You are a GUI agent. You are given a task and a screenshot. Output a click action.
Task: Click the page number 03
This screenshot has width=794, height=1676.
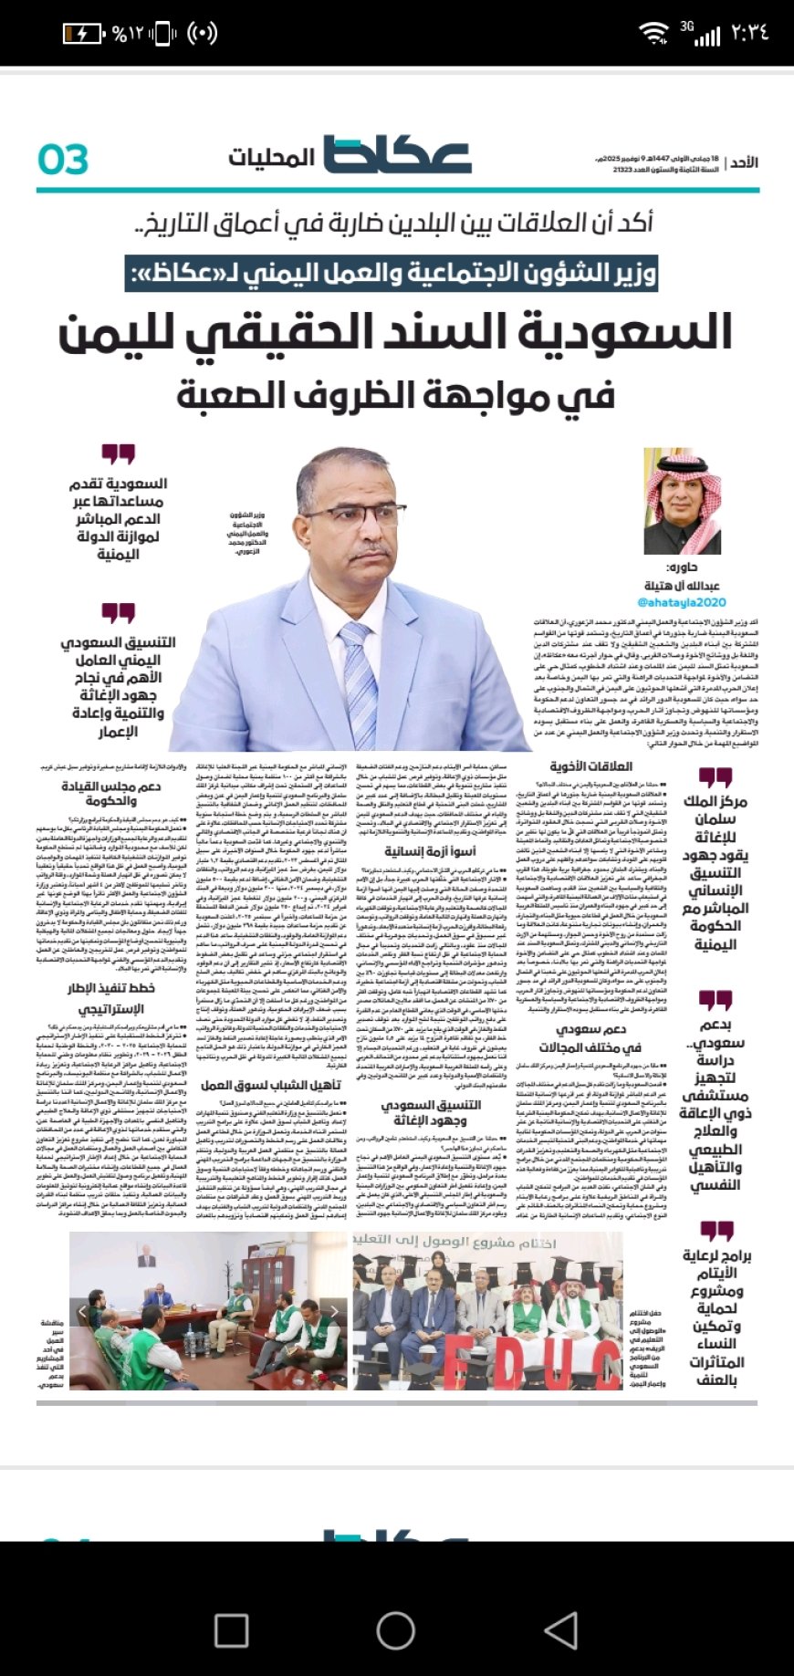click(x=63, y=159)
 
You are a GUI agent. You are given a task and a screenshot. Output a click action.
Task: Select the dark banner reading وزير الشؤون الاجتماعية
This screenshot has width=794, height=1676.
click(x=392, y=272)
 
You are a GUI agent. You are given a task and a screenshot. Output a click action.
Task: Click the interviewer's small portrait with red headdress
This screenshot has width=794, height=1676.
click(x=682, y=500)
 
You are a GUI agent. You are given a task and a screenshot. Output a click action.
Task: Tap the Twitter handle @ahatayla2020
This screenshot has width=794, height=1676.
click(x=681, y=602)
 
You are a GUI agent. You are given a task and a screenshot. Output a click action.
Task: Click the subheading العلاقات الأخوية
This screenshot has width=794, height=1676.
click(x=590, y=765)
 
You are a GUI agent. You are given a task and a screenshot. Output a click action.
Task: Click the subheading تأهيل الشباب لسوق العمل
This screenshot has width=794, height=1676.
click(x=271, y=1085)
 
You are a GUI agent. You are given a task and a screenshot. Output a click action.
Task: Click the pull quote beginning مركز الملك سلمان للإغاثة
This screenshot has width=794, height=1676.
click(x=716, y=871)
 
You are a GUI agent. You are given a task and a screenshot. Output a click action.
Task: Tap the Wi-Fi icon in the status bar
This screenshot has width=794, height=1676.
click(x=653, y=34)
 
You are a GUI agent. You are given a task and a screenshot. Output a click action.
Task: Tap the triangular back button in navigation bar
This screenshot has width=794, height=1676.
click(x=560, y=1629)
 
